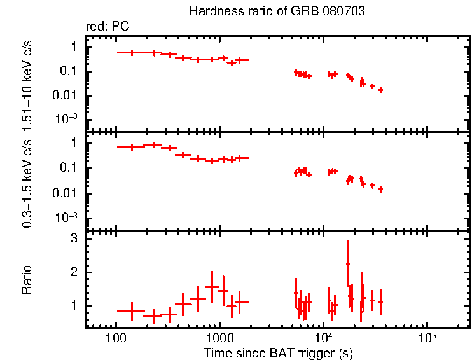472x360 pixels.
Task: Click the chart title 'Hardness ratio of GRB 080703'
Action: pyautogui.click(x=277, y=12)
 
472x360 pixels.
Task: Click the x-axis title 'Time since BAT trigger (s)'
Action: pyautogui.click(x=278, y=352)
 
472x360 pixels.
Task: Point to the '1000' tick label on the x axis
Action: pyautogui.click(x=219, y=338)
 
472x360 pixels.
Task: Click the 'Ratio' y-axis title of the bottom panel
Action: pyautogui.click(x=27, y=280)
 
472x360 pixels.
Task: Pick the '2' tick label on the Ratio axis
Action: pyautogui.click(x=74, y=272)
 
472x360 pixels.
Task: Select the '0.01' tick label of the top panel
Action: pyautogui.click(x=67, y=95)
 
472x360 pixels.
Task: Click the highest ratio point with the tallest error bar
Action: pyautogui.click(x=348, y=263)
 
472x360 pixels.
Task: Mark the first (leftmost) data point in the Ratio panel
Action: pyautogui.click(x=132, y=311)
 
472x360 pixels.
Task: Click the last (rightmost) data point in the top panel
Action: pyautogui.click(x=380, y=90)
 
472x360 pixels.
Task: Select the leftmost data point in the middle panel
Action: pyautogui.click(x=132, y=147)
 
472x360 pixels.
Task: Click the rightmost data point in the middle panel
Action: pyautogui.click(x=380, y=189)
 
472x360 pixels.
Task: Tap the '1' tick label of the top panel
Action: pyautogui.click(x=74, y=47)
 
